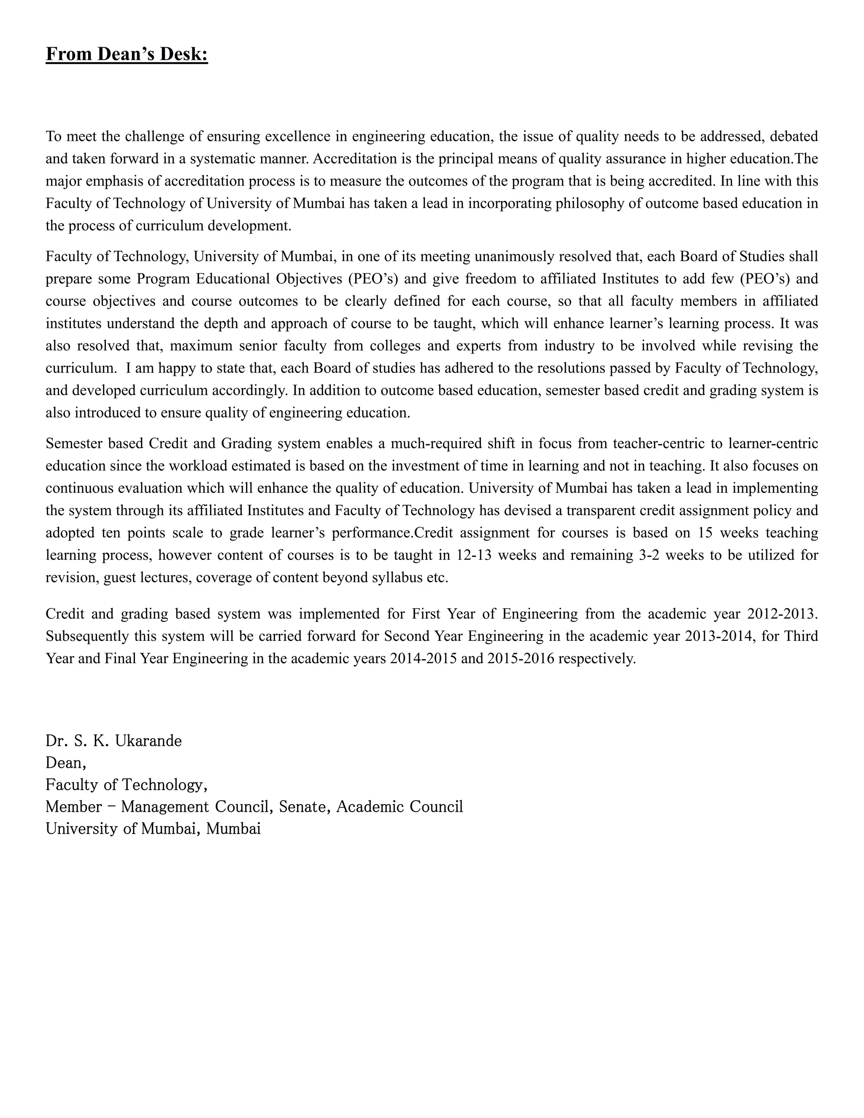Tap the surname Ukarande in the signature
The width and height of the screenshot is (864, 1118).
[x=148, y=741]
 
